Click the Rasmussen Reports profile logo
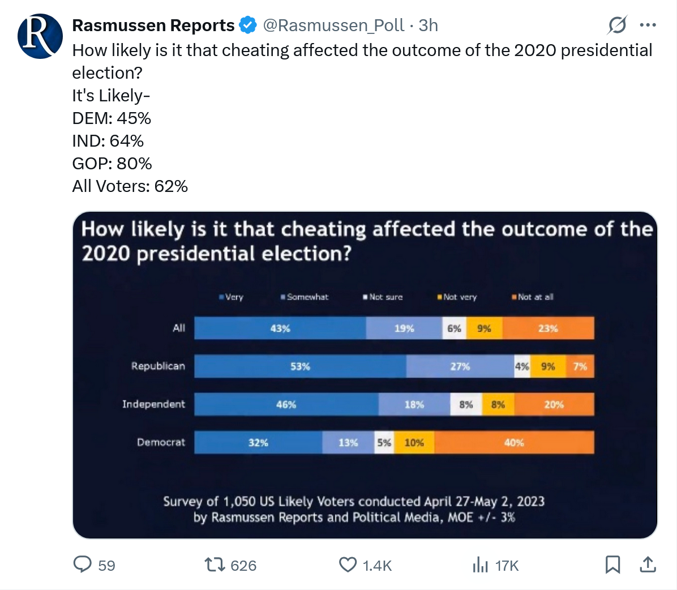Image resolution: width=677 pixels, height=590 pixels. [x=40, y=36]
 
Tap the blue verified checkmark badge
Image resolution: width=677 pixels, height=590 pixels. [x=248, y=25]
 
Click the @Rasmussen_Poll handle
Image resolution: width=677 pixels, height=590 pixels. [x=334, y=25]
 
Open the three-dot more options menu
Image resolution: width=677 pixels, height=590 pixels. [x=648, y=25]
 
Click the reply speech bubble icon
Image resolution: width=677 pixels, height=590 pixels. [x=83, y=565]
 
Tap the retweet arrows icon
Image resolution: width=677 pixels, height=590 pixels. [x=214, y=565]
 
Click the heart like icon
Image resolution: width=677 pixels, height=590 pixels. [x=348, y=565]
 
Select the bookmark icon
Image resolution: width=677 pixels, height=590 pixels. [x=612, y=565]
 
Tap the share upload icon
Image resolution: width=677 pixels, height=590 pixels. [x=648, y=565]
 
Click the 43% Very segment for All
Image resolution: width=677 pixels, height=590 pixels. [x=280, y=328]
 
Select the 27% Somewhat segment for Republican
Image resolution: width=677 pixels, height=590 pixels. [x=460, y=366]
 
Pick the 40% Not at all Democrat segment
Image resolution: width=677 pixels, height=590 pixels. [x=514, y=443]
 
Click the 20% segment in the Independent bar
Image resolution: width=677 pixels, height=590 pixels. [x=554, y=404]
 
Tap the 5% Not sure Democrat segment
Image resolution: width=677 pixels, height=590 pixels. [x=384, y=443]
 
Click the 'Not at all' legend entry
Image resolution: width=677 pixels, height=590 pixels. [x=534, y=297]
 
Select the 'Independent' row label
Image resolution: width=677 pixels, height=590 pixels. [x=153, y=404]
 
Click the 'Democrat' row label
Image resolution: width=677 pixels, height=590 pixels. [x=161, y=442]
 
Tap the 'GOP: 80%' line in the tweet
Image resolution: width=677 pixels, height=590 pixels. [x=112, y=164]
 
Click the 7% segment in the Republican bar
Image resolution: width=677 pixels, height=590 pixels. [x=580, y=366]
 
